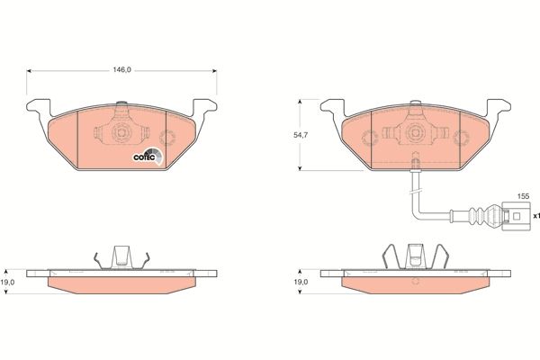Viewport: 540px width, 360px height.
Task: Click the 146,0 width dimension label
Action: (121, 70)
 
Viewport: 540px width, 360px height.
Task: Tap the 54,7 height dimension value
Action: (301, 135)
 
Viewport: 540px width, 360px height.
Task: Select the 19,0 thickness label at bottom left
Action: (7, 282)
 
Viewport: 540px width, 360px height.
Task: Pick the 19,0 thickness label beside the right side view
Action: (301, 282)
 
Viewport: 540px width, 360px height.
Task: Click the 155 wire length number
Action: (523, 196)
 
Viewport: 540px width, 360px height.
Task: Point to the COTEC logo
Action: (148, 157)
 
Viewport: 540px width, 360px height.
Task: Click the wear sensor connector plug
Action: (516, 216)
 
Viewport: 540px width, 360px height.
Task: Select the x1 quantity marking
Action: (536, 216)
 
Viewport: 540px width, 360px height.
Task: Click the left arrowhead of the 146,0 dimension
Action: (29, 70)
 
